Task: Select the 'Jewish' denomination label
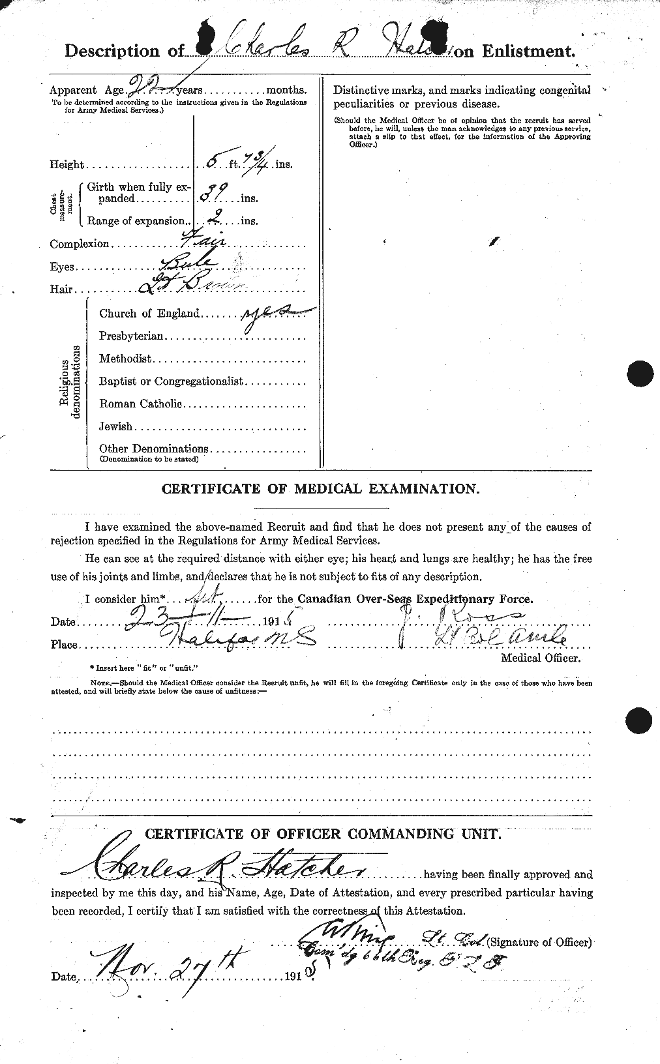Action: click(x=115, y=426)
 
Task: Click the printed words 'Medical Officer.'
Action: click(x=539, y=658)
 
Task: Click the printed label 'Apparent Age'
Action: click(x=82, y=91)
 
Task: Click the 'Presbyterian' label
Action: click(x=131, y=336)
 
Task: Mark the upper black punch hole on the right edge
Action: click(x=640, y=374)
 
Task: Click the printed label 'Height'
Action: click(x=67, y=165)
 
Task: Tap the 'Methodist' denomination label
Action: click(x=125, y=359)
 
